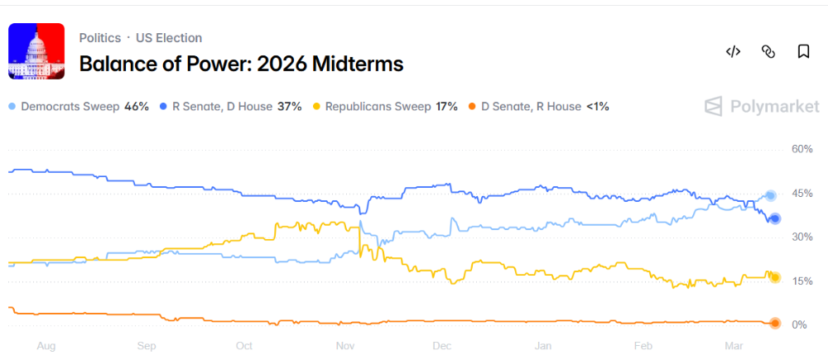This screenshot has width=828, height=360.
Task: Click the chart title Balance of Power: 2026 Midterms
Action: (x=241, y=64)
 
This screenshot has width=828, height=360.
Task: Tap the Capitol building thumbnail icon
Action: (x=36, y=51)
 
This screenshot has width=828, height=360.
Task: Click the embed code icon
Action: (x=733, y=51)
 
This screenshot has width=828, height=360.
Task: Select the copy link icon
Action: (x=768, y=51)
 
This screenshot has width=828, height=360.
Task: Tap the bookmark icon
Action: (x=803, y=51)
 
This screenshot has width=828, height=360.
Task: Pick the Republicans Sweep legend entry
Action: (x=385, y=107)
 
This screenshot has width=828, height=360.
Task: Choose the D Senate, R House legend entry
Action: (x=539, y=107)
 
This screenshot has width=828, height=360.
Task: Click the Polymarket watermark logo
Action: (x=762, y=106)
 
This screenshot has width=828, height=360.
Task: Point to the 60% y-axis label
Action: (x=802, y=149)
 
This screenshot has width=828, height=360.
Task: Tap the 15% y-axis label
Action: (x=802, y=281)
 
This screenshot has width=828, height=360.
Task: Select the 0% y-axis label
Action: (x=801, y=325)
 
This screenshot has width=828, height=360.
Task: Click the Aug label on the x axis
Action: (x=46, y=346)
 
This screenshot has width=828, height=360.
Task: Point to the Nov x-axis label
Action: (x=344, y=346)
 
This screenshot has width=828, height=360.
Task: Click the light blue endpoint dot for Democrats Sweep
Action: (x=770, y=196)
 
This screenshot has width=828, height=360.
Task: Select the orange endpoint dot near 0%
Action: (x=775, y=323)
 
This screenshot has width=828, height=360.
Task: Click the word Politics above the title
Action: (x=100, y=38)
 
